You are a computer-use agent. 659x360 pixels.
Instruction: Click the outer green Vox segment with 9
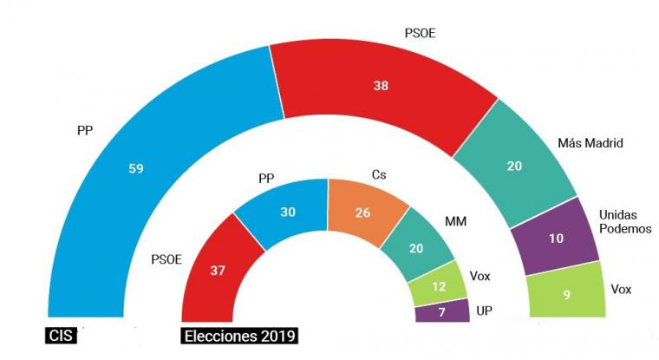pyautogui.click(x=565, y=293)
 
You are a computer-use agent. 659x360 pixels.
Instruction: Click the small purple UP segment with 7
pyautogui.click(x=444, y=311)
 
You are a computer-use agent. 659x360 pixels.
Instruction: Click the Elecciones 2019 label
pyautogui.click(x=239, y=334)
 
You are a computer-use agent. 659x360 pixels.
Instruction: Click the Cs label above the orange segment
pyautogui.click(x=378, y=175)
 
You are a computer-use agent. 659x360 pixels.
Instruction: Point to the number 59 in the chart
pyautogui.click(x=135, y=169)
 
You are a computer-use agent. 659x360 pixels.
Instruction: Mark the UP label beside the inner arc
pyautogui.click(x=484, y=310)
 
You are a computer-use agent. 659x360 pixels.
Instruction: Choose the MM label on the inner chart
pyautogui.click(x=456, y=222)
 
